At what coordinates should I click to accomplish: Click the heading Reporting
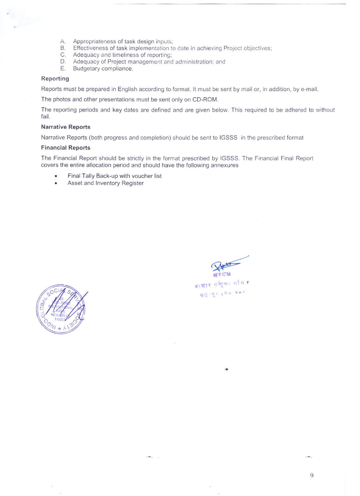pos(55,79)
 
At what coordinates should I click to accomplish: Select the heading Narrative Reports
pos(66,127)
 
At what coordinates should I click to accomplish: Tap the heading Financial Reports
pos(66,148)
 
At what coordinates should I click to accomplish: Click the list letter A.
pos(63,41)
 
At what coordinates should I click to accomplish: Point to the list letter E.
pos(63,69)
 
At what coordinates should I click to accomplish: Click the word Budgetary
pos(86,69)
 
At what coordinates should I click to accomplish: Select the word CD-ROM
pos(205,100)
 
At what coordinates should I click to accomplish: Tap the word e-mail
pos(309,89)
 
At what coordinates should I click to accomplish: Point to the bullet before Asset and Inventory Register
pos(56,183)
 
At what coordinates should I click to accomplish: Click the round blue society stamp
pos(61,309)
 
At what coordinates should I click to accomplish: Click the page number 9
pos(312,475)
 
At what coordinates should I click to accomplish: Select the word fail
pos(45,117)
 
